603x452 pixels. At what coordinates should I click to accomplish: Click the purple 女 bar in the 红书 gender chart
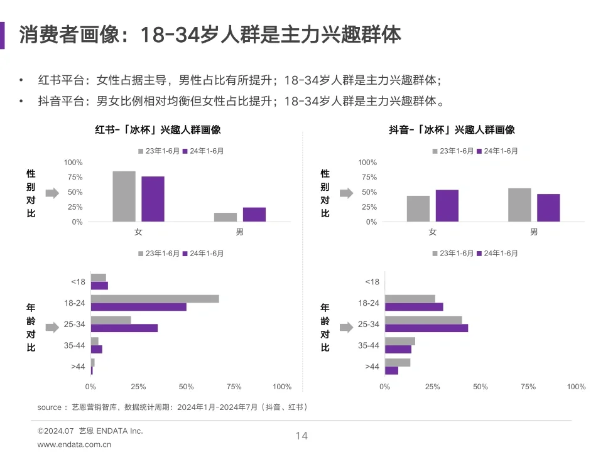coord(153,199)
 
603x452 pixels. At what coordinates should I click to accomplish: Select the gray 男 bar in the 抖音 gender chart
coord(519,205)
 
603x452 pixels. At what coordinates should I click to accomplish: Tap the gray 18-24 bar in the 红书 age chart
coord(155,299)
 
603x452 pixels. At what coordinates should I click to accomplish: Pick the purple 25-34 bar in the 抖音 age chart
coord(426,328)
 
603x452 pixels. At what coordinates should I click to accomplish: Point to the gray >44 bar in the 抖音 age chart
coord(397,362)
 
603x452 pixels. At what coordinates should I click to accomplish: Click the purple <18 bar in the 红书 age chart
coord(99,286)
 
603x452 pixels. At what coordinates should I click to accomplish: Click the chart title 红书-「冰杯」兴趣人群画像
coord(158,130)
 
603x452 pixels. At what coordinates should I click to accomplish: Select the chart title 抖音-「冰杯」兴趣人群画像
coord(452,130)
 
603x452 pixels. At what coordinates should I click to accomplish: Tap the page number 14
coord(301,436)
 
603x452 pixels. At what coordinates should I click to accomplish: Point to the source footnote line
coord(172,407)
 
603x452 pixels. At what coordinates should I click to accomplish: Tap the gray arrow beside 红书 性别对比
coord(52,193)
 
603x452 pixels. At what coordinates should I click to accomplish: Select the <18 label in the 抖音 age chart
coord(372,282)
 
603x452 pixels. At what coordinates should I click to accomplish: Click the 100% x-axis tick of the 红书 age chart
coord(282,387)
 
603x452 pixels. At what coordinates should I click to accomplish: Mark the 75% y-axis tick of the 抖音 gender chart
coord(368,178)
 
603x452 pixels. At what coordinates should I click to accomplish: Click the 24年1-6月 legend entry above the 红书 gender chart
coord(203,151)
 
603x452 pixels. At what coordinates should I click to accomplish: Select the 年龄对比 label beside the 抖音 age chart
coord(325,327)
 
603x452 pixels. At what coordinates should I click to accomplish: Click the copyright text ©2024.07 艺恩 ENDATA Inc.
coord(90,431)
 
